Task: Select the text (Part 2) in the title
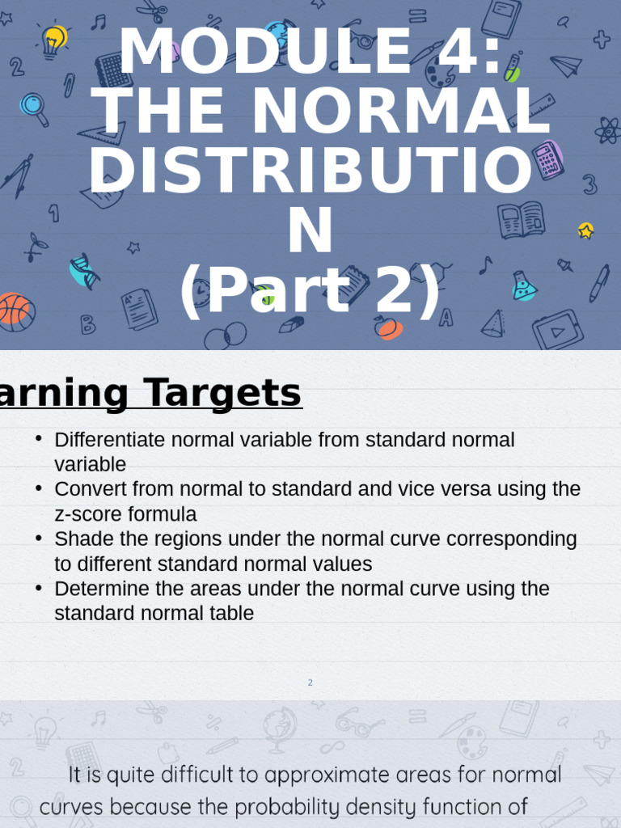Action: tap(310, 291)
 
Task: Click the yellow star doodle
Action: tap(586, 230)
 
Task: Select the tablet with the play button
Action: tap(557, 329)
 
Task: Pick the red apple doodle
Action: tap(387, 327)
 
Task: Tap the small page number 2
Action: tap(310, 682)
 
